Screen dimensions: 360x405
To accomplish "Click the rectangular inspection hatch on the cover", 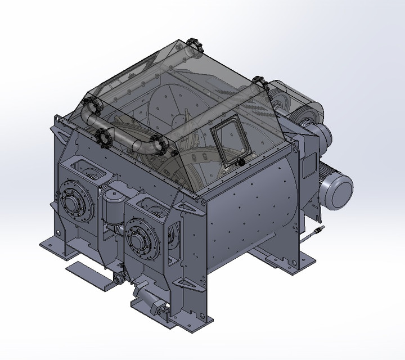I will [x=229, y=143].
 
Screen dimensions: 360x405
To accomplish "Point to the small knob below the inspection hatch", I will [x=241, y=162].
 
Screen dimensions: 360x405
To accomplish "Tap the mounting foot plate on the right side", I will [x=292, y=261].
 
